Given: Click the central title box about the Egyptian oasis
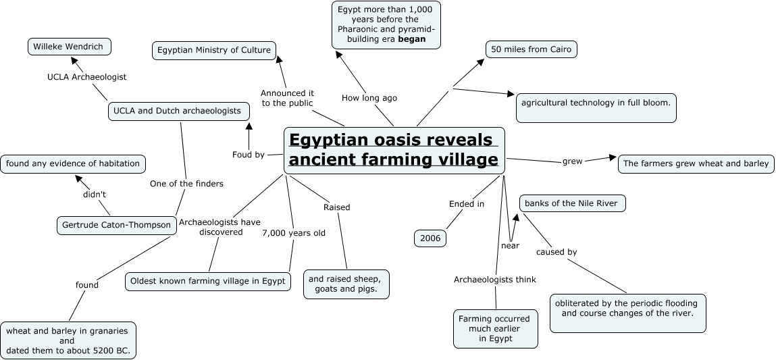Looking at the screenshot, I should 394,150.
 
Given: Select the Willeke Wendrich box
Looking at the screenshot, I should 70,47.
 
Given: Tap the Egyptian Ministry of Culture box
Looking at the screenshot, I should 214,50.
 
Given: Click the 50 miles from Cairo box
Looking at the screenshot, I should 532,50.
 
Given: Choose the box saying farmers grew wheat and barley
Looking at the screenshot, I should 696,163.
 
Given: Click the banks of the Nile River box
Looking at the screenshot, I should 573,203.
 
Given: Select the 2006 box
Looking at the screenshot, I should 430,238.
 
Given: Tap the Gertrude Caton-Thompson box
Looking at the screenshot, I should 116,225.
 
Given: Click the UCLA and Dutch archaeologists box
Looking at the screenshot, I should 178,111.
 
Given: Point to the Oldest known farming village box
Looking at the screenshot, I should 208,281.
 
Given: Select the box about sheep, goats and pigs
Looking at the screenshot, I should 346,284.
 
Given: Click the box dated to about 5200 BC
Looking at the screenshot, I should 68,340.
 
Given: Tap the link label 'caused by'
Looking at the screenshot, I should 557,252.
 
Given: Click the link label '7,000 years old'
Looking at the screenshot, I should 294,233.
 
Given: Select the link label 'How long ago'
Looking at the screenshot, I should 369,98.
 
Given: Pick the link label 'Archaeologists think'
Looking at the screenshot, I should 495,279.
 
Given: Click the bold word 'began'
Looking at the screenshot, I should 412,39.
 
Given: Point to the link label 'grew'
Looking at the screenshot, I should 573,161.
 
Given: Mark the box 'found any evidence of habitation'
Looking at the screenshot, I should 73,163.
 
